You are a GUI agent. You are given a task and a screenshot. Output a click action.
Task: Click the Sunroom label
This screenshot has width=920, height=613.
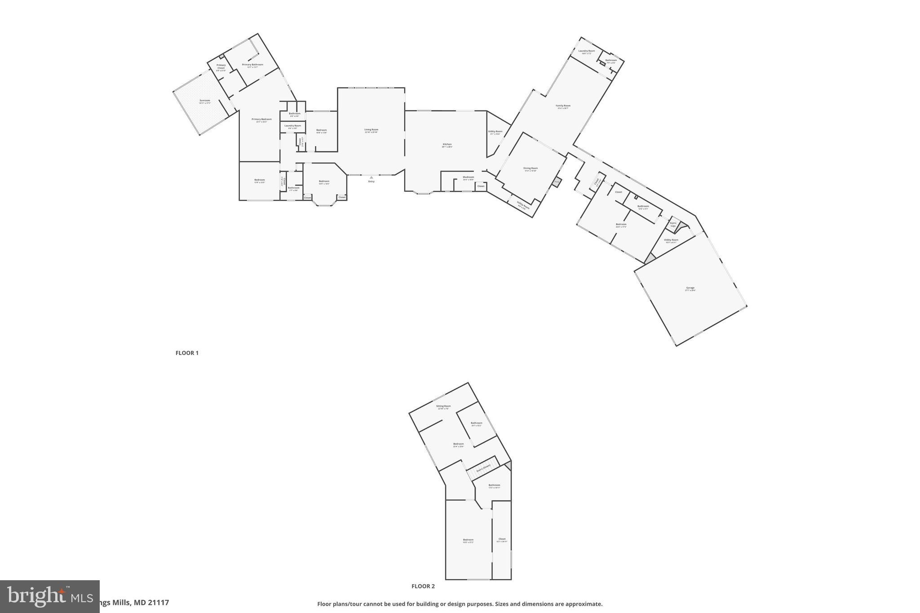click(205, 101)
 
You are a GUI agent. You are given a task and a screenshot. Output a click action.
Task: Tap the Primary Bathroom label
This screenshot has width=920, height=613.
click(252, 65)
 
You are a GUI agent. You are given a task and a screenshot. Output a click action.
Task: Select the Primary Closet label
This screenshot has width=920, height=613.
click(221, 66)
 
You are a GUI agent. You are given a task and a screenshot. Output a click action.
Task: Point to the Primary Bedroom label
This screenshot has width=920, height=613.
click(261, 119)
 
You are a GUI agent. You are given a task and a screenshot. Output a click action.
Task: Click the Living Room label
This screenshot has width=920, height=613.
click(371, 130)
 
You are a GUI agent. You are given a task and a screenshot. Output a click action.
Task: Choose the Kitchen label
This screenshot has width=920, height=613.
click(447, 145)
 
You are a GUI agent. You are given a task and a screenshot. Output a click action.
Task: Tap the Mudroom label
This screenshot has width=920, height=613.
click(469, 177)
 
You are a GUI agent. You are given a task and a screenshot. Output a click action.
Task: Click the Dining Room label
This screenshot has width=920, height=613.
click(531, 168)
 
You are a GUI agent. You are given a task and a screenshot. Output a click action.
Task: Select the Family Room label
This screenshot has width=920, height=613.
click(563, 106)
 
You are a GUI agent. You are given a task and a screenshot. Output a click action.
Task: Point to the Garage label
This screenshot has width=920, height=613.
click(690, 288)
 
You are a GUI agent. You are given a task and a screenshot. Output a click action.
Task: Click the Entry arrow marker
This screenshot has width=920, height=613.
click(372, 178)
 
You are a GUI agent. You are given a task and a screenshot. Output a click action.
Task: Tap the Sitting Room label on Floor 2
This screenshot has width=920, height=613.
click(443, 406)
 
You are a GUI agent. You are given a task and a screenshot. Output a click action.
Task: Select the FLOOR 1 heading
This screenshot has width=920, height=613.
click(187, 353)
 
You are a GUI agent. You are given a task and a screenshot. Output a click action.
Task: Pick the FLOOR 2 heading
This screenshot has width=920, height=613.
click(423, 586)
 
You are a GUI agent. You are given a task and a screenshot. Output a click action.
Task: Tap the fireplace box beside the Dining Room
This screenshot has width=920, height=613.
click(557, 182)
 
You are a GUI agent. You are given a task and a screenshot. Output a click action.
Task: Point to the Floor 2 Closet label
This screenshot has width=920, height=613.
click(502, 539)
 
